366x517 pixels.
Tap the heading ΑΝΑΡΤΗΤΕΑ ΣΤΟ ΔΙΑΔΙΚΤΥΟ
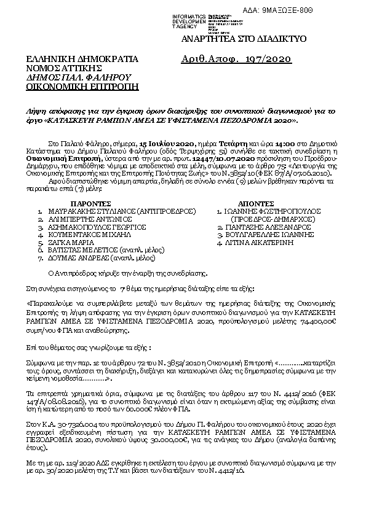pos(241,39)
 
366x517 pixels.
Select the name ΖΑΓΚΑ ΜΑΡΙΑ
pos(66,243)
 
